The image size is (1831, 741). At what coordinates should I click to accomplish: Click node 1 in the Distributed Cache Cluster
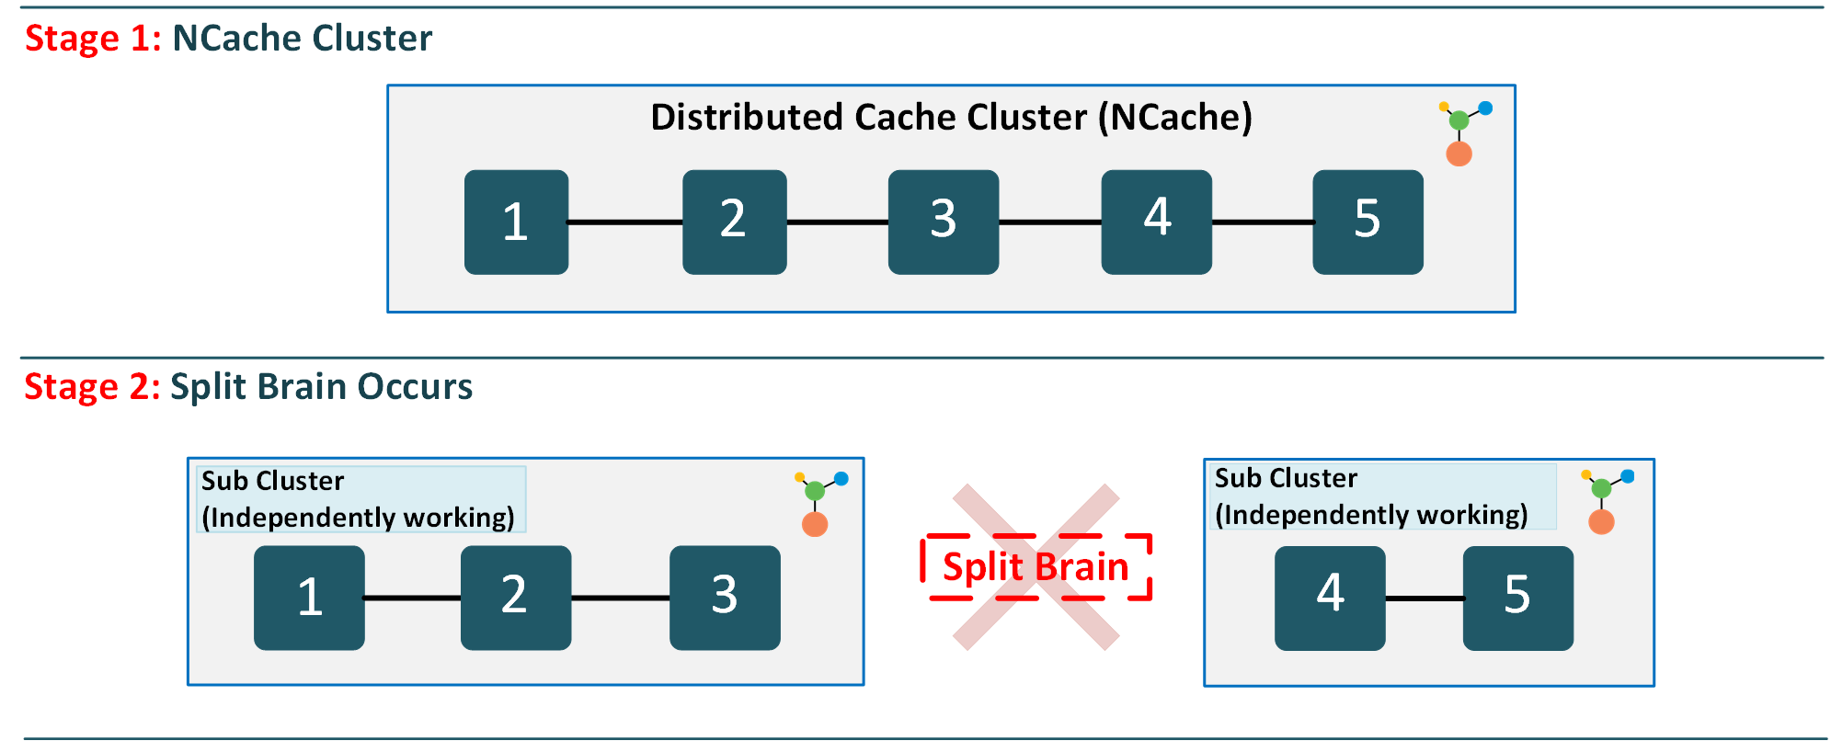(x=516, y=222)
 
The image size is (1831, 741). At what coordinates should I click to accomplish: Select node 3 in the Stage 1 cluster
(x=943, y=222)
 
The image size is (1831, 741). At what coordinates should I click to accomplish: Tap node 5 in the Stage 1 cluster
(x=1368, y=222)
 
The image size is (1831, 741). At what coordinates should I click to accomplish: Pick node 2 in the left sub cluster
(x=515, y=598)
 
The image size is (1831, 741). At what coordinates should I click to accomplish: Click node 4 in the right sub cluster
(x=1329, y=598)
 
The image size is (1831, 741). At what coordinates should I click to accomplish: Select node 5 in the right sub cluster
(x=1517, y=598)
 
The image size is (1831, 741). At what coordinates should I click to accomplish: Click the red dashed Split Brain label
(x=1036, y=567)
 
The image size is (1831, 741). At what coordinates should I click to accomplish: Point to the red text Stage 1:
(x=93, y=39)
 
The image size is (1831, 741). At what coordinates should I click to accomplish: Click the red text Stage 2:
(x=92, y=387)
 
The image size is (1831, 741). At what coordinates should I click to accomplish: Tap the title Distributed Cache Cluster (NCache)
(x=951, y=118)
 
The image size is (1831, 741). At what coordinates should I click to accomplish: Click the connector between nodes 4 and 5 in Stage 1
(x=1262, y=222)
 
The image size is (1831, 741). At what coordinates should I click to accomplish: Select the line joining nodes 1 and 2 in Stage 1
(x=625, y=222)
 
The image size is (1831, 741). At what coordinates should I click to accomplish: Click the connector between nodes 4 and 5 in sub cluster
(x=1424, y=598)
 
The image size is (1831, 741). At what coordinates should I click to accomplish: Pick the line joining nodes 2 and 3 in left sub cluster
(x=620, y=598)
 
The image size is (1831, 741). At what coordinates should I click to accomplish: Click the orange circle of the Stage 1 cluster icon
(x=1459, y=154)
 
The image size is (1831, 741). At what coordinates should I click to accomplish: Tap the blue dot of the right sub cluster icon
(x=1627, y=476)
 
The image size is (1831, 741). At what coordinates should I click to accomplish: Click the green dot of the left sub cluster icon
(x=815, y=491)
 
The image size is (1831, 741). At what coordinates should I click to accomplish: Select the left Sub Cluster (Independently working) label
(x=360, y=499)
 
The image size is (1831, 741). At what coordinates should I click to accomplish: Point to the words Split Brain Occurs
(x=321, y=387)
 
